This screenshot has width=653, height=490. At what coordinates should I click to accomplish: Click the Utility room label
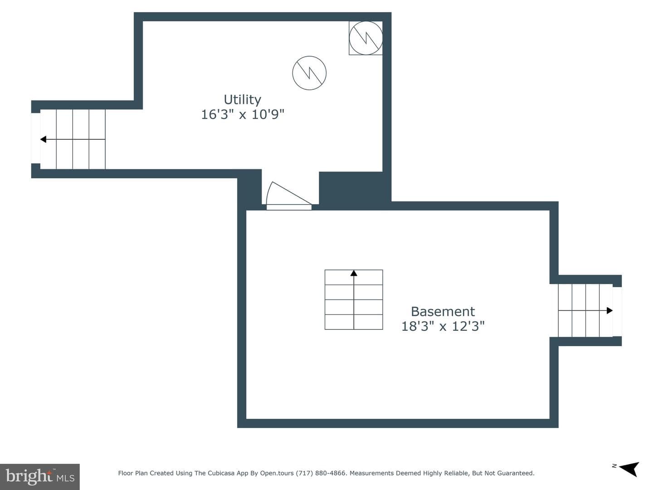[242, 100]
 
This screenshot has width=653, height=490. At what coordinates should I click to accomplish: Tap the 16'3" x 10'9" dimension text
[243, 114]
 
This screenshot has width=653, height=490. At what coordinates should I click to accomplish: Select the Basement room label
[443, 312]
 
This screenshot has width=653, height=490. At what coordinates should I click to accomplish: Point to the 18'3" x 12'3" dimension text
[443, 326]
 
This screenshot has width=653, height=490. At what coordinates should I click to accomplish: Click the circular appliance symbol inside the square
[365, 38]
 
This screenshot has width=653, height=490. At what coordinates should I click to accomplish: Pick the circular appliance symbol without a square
[309, 73]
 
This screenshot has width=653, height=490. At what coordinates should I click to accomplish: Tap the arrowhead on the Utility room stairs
[44, 139]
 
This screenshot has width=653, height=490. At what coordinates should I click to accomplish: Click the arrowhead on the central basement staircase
[354, 273]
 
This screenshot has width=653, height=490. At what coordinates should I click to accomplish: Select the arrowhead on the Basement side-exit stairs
[609, 311]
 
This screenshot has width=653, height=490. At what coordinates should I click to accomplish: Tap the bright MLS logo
[40, 476]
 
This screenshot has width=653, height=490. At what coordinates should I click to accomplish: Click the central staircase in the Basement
[354, 299]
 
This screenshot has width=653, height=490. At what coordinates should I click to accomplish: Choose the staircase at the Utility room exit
[73, 139]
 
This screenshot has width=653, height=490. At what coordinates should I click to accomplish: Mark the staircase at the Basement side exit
[585, 311]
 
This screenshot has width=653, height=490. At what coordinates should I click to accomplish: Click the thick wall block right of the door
[351, 188]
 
